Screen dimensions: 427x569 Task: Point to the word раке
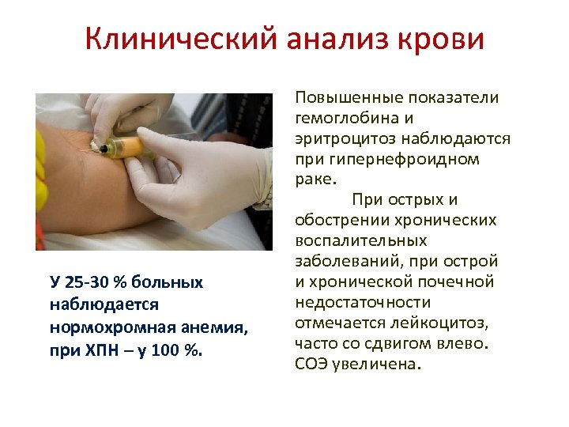point(312,179)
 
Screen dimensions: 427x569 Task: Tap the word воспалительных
point(360,240)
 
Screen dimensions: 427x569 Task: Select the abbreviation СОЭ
point(309,364)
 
